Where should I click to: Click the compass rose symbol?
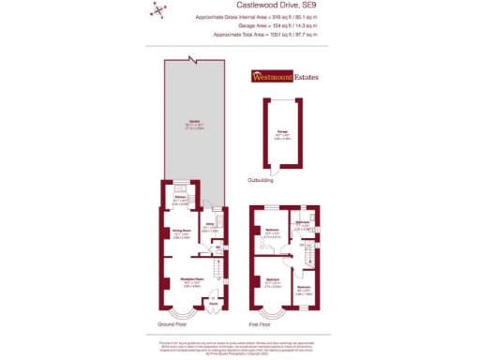tap(158, 11)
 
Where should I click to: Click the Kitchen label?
tap(180, 198)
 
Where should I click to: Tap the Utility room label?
tap(212, 226)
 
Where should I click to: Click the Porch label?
tap(213, 303)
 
